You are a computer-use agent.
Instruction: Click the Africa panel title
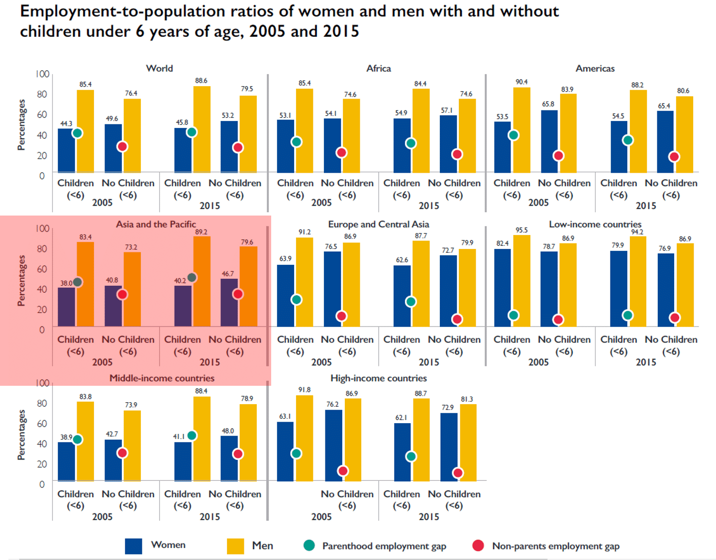(x=379, y=68)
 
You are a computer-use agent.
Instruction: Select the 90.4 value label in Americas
(x=521, y=82)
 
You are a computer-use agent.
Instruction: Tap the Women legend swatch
(x=133, y=546)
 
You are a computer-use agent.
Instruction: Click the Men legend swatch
(x=235, y=546)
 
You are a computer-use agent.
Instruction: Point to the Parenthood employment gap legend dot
(x=309, y=546)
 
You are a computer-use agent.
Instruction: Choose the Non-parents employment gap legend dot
(x=478, y=546)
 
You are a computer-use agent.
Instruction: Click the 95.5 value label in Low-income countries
(x=521, y=230)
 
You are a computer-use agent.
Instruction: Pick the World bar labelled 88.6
(x=202, y=129)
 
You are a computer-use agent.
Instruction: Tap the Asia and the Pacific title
(x=156, y=224)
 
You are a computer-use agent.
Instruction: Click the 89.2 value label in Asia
(x=202, y=232)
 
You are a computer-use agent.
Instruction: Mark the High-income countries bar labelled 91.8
(x=305, y=438)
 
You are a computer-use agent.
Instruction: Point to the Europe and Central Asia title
(x=378, y=224)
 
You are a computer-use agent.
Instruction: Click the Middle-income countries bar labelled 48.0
(x=229, y=458)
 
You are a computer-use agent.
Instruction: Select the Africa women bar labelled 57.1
(x=448, y=144)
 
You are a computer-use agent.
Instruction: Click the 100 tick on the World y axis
(x=42, y=74)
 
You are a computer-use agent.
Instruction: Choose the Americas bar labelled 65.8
(x=549, y=141)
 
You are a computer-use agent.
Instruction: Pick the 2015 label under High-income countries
(x=428, y=517)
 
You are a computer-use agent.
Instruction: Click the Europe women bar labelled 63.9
(x=286, y=296)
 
